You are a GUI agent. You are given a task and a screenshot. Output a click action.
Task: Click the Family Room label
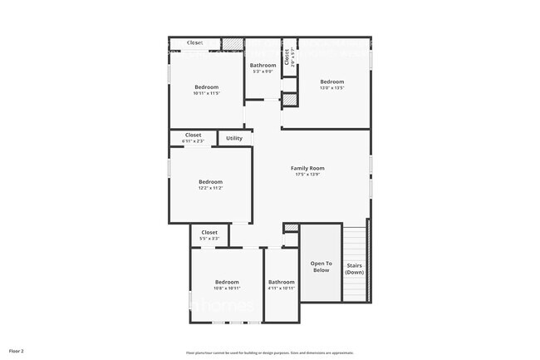click(307, 168)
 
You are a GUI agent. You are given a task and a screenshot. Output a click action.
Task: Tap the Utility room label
click(234, 138)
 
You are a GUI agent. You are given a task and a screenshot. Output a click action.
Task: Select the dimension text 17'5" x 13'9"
click(307, 175)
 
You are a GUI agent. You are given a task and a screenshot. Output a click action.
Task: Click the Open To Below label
click(321, 267)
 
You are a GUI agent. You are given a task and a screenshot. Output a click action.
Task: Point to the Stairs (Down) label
click(355, 269)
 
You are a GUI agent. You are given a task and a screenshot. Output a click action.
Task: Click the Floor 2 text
click(16, 352)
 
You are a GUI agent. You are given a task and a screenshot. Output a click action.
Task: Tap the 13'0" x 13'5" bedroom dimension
click(332, 87)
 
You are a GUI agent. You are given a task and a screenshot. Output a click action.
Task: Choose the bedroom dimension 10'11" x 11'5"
click(207, 93)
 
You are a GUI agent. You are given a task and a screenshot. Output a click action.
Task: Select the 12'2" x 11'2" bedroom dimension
click(210, 188)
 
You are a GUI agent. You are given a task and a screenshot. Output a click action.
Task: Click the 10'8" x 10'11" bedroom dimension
click(227, 288)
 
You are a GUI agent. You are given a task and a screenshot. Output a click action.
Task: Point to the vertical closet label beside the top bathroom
click(287, 57)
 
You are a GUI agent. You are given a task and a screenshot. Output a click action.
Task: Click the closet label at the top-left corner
click(194, 42)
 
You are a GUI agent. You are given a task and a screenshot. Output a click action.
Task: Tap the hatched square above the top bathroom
click(233, 43)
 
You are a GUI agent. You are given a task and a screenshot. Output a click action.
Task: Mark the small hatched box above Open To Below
click(291, 228)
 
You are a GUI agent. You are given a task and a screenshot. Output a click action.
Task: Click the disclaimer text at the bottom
click(268, 353)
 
